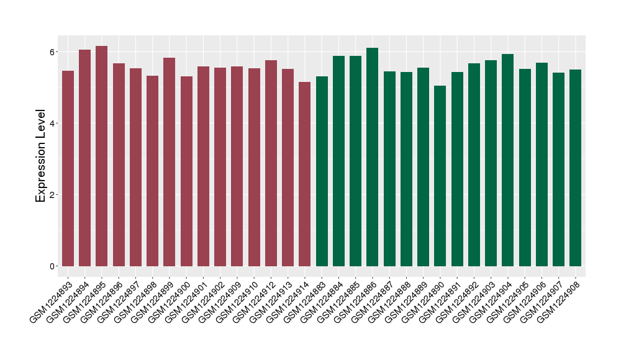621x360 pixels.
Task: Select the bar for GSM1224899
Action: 169,162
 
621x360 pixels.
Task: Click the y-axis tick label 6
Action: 53,52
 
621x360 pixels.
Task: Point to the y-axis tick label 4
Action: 53,123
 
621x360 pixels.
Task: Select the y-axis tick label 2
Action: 53,195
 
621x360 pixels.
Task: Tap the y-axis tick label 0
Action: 53,266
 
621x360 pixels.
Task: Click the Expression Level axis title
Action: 41,156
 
